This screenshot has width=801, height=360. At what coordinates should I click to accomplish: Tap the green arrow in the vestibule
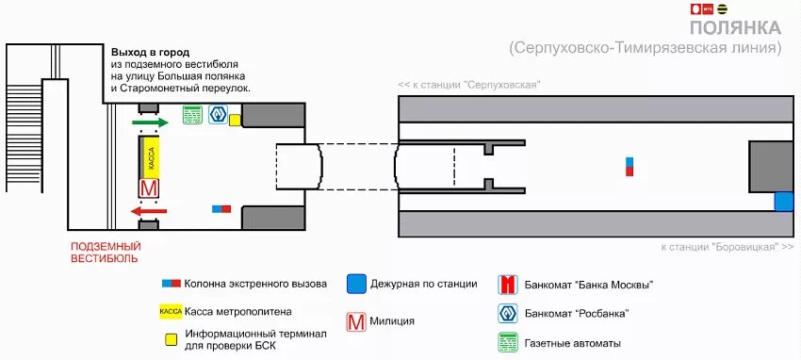click(x=150, y=122)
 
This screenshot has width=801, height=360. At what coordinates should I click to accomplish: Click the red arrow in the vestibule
click(x=150, y=212)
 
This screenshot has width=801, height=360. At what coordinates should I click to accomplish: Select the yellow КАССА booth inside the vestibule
click(x=151, y=155)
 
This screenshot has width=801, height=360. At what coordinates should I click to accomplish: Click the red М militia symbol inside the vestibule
click(x=149, y=188)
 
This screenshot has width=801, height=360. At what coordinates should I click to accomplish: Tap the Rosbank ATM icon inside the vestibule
click(x=218, y=115)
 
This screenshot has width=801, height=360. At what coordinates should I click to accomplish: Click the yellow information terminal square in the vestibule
click(x=235, y=120)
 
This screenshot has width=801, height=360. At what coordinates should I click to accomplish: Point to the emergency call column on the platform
click(x=630, y=167)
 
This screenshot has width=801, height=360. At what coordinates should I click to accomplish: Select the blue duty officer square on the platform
click(x=783, y=201)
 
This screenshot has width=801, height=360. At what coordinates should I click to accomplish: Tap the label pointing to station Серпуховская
click(x=468, y=85)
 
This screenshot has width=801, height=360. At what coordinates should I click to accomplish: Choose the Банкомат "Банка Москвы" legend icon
click(x=508, y=285)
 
